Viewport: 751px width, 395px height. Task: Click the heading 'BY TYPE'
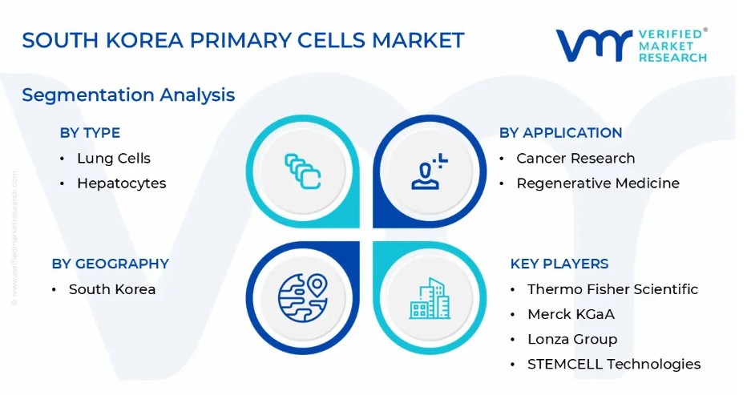(90, 133)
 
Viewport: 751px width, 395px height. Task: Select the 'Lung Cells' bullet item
(114, 159)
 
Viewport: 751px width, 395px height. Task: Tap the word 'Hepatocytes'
(122, 183)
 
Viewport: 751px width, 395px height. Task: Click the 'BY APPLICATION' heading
(560, 133)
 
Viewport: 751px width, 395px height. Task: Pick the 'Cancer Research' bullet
(575, 159)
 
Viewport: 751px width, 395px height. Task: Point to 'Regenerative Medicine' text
(598, 183)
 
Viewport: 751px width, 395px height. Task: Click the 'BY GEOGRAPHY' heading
(110, 264)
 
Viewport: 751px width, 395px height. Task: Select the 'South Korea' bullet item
(112, 289)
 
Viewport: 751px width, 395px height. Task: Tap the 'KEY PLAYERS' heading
(559, 264)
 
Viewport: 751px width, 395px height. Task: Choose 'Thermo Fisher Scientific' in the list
(612, 289)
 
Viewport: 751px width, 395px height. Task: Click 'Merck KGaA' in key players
(571, 314)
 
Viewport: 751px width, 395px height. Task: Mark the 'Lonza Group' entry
(572, 339)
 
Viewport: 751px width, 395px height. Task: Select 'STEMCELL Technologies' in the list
(614, 364)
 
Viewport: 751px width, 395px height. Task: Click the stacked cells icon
(303, 171)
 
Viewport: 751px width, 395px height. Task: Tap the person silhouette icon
(429, 171)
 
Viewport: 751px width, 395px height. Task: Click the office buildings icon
(430, 298)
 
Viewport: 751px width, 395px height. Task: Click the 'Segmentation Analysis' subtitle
(128, 95)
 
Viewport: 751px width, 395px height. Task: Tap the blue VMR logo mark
(594, 46)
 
